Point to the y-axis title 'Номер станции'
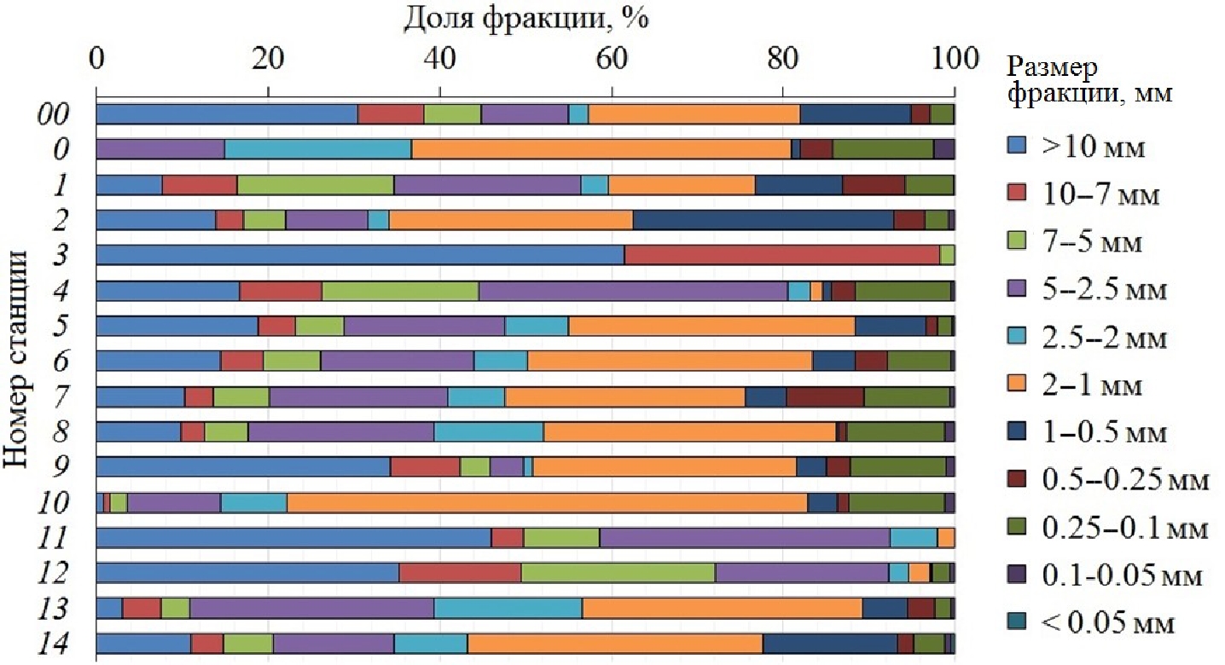pyautogui.click(x=19, y=358)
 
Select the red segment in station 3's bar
pyautogui.click(x=781, y=255)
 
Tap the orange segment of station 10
pyautogui.click(x=547, y=502)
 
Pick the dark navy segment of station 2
pyautogui.click(x=763, y=219)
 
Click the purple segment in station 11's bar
pyautogui.click(x=745, y=537)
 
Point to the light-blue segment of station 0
pyautogui.click(x=318, y=149)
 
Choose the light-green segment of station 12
pyautogui.click(x=618, y=572)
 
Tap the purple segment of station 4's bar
pyautogui.click(x=632, y=291)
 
